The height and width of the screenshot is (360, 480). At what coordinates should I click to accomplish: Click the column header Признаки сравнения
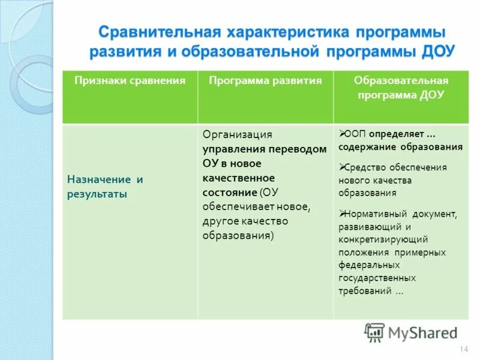coord(130,80)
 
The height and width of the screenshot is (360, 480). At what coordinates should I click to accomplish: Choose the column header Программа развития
coord(265,80)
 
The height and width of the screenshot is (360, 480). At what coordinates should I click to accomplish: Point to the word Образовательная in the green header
coord(401,80)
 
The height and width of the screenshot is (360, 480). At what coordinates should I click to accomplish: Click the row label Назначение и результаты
coord(106,187)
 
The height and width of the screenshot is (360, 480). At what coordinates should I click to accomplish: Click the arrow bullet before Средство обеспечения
coord(341,166)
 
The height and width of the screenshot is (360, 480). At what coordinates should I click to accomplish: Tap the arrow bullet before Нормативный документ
coord(341,213)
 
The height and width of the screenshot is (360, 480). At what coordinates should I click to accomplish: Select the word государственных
coord(377,278)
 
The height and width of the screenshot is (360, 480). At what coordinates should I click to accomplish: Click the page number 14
coord(463,350)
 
